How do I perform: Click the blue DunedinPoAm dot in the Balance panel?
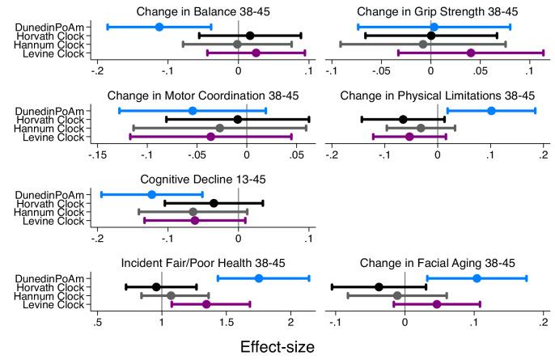pyautogui.click(x=159, y=27)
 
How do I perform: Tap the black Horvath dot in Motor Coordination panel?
pyautogui.click(x=237, y=119)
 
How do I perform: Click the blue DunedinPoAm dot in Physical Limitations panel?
pyautogui.click(x=491, y=110)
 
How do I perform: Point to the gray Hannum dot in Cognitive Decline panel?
pyautogui.click(x=193, y=212)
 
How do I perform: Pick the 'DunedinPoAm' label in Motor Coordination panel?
pyautogui.click(x=50, y=111)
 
